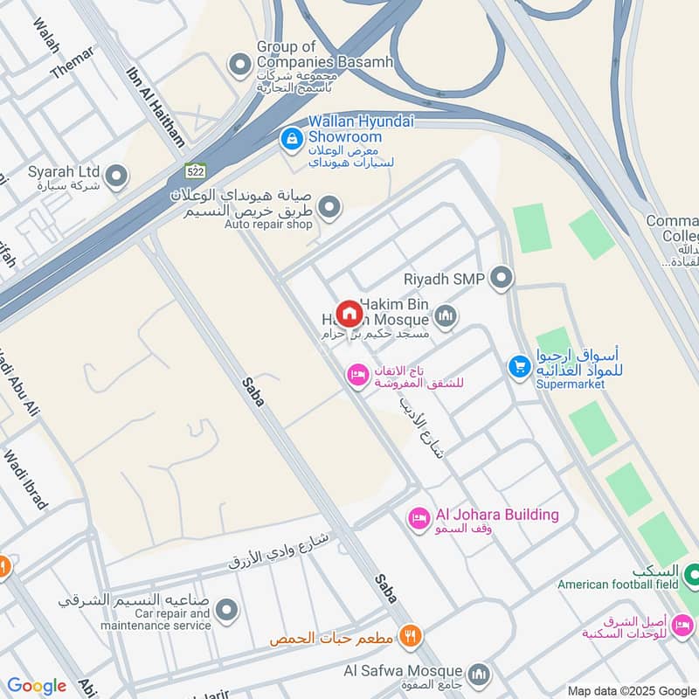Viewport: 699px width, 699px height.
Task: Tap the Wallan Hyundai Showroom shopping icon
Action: tap(291, 138)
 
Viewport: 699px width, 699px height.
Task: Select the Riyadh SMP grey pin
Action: tap(502, 279)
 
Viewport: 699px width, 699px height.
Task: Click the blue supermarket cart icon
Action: tap(520, 367)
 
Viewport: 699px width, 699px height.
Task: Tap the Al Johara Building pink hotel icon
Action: tap(419, 518)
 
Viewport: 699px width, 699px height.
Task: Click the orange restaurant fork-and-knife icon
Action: tap(408, 636)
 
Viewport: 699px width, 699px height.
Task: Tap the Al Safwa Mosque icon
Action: tap(478, 673)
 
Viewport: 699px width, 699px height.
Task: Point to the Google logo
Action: tap(36, 686)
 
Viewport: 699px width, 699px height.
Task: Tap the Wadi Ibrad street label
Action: tap(25, 480)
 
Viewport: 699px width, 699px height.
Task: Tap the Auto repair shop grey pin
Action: tap(329, 207)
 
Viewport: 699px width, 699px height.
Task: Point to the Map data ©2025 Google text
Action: tap(631, 690)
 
